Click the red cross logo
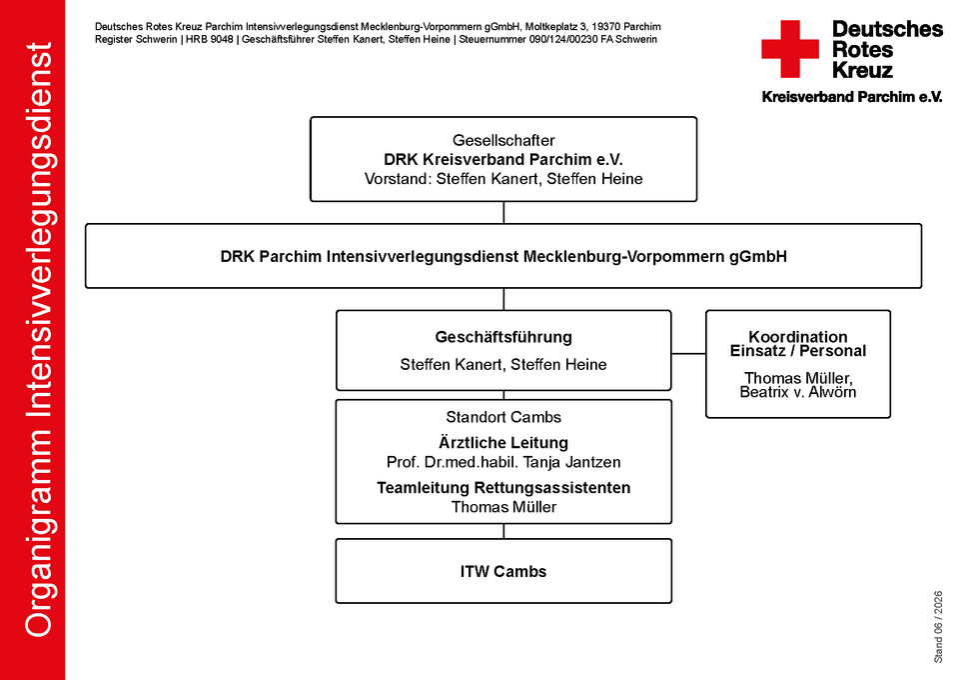[789, 49]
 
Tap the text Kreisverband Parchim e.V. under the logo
[852, 97]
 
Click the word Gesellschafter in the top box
[503, 140]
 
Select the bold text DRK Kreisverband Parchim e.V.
[503, 160]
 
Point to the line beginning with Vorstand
[503, 179]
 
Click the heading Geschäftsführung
[503, 337]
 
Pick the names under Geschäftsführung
[503, 365]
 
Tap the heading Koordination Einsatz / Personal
[797, 344]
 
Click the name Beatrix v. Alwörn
[797, 392]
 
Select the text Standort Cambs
[503, 417]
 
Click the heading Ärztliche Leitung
[503, 443]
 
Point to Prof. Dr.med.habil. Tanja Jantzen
[503, 462]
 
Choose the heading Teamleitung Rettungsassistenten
[503, 488]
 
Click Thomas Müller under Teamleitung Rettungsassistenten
[503, 507]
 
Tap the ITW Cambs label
[503, 572]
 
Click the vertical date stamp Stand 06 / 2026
[938, 627]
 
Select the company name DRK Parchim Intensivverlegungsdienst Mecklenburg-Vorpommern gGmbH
[503, 256]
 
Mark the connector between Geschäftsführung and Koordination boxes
[688, 353]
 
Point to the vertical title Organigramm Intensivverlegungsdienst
[39, 340]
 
